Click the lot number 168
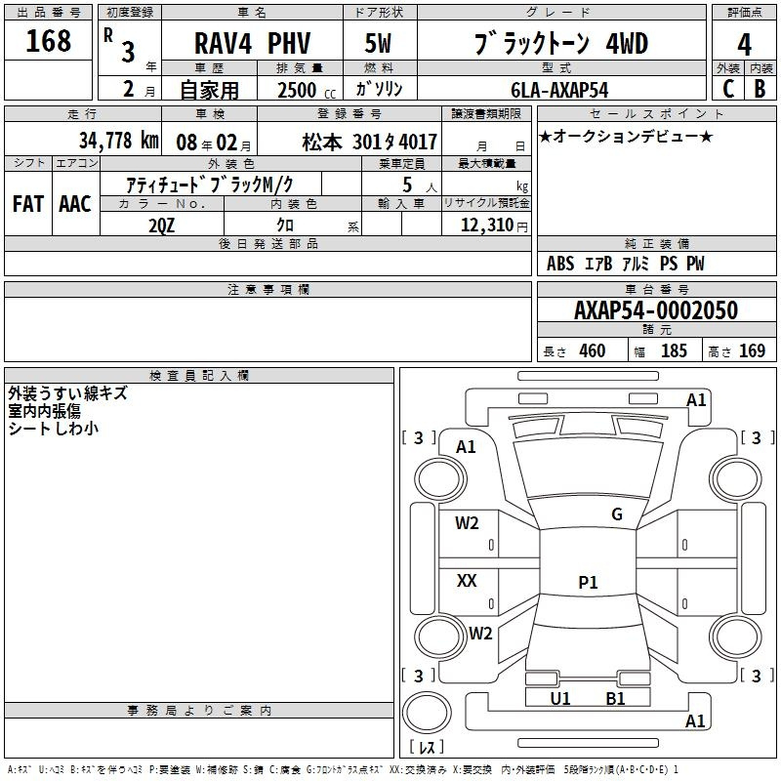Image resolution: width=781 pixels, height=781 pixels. pyautogui.click(x=49, y=41)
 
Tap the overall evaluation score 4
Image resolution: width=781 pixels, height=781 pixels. pyautogui.click(x=744, y=44)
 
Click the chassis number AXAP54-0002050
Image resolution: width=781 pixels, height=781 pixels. pyautogui.click(x=656, y=310)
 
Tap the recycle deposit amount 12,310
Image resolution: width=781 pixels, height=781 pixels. pyautogui.click(x=486, y=225)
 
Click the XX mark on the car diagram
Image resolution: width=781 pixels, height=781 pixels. pyautogui.click(x=468, y=581)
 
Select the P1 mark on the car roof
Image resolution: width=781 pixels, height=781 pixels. pyautogui.click(x=588, y=583)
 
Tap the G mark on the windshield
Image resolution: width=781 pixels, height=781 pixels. pyautogui.click(x=616, y=514)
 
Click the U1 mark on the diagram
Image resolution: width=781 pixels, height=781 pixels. pyautogui.click(x=559, y=698)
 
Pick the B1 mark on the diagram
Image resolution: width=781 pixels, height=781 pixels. pyautogui.click(x=615, y=698)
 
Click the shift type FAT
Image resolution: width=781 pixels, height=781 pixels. pyautogui.click(x=27, y=203)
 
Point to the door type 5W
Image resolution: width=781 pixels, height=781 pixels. pyautogui.click(x=380, y=44)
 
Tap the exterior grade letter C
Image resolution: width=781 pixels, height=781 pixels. pyautogui.click(x=727, y=89)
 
